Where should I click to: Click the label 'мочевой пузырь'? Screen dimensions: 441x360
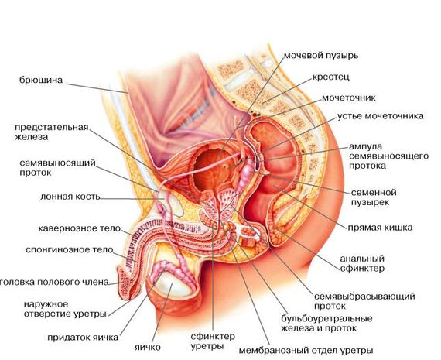(321, 56)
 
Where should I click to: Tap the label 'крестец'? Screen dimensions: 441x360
(331, 77)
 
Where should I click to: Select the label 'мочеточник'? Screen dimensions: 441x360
(348, 98)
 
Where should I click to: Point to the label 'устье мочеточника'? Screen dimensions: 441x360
(380, 116)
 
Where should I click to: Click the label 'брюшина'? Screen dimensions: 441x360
(41, 80)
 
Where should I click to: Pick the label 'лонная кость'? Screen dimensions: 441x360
(70, 197)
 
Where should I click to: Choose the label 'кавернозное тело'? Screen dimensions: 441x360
(80, 228)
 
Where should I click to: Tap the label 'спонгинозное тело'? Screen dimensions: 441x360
(70, 249)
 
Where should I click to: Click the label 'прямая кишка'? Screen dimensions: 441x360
(380, 228)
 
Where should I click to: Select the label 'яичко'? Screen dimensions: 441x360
(148, 347)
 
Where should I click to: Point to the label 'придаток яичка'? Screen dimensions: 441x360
(83, 338)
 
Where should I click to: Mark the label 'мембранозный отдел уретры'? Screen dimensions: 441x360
(306, 351)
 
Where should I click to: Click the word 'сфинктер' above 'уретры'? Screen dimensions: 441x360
(213, 336)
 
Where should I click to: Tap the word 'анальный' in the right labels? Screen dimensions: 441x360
(362, 259)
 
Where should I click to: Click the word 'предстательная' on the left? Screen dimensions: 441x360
(52, 127)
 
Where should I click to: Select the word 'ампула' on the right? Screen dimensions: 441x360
(365, 146)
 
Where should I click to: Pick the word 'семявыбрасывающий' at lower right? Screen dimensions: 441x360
(364, 297)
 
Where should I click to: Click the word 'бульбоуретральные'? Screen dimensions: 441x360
(326, 319)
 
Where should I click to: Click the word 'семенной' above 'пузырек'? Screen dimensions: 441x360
(374, 193)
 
